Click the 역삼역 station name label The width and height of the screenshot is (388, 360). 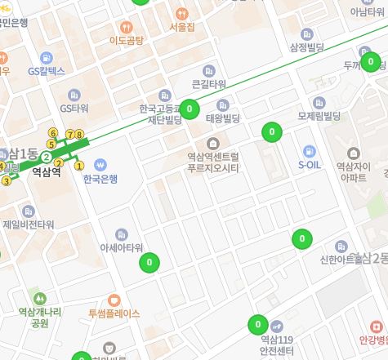pos(46,172)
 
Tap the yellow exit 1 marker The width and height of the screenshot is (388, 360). pos(79,166)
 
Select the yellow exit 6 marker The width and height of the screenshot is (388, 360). pos(53,132)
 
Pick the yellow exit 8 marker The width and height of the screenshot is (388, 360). pos(79,134)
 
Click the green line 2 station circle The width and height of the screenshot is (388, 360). pos(47,157)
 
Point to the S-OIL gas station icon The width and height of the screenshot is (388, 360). pos(309,150)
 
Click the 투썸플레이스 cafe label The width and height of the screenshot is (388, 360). pos(114,313)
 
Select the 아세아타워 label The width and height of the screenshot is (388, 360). pos(121,247)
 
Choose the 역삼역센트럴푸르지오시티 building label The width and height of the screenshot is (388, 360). pos(212,162)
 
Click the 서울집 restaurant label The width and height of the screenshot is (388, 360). pos(181,27)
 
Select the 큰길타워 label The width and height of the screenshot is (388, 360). pos(208,84)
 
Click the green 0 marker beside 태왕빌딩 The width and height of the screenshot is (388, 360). pos(190,109)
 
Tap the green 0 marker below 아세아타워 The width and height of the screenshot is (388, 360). pos(149,263)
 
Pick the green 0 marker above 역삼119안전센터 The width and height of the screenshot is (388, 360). pos(257,324)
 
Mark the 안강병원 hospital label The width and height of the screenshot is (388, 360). pos(372,340)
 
